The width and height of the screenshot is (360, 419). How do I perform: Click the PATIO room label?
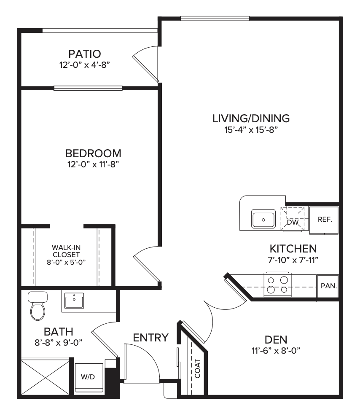click(85, 54)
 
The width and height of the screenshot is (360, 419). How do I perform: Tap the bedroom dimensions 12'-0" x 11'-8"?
click(93, 164)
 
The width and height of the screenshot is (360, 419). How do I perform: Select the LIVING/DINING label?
click(251, 118)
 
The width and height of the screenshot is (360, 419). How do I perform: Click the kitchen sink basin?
click(263, 219)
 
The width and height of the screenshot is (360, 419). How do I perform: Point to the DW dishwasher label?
click(293, 222)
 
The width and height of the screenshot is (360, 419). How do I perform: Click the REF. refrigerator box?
click(324, 220)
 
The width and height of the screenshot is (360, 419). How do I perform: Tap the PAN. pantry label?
click(329, 286)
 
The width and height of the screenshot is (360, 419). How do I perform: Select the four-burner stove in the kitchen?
click(277, 285)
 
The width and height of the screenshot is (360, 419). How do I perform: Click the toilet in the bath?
click(38, 306)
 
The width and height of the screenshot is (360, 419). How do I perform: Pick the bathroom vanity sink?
click(74, 301)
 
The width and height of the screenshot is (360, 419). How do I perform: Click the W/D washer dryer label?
click(88, 377)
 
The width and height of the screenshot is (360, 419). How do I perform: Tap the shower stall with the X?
click(45, 377)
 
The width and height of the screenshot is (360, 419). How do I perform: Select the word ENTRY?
click(151, 338)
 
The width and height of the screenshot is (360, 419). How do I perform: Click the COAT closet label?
click(198, 368)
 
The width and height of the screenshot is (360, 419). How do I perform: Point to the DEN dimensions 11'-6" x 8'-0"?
click(276, 350)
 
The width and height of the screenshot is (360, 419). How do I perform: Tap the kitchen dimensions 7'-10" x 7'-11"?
click(293, 260)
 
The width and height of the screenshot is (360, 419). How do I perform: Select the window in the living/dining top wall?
click(215, 19)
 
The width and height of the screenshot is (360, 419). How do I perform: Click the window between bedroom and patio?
click(88, 88)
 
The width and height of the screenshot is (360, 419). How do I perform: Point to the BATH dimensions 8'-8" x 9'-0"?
click(58, 343)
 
